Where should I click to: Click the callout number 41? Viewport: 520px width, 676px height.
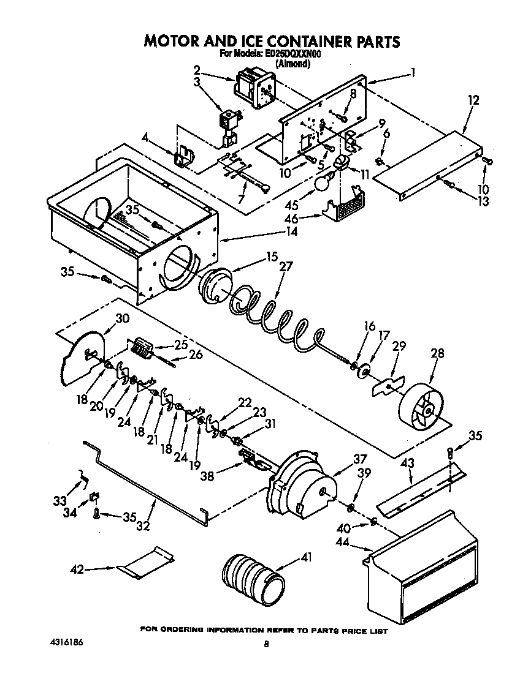point(307,558)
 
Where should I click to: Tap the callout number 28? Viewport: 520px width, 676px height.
point(438,353)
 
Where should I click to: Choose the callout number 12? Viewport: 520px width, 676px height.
point(473,100)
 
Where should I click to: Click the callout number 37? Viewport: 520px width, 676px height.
point(359,459)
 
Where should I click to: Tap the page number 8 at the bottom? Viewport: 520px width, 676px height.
point(266,644)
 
